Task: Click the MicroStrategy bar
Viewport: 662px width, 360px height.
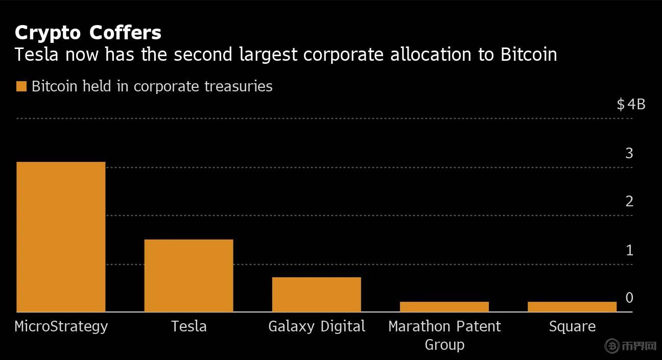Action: pos(61,236)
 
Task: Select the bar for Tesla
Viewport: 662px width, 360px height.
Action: pos(188,275)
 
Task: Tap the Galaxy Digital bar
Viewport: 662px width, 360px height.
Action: pos(316,294)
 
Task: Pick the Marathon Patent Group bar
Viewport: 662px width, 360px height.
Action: pos(444,306)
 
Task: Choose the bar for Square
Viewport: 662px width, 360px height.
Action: pos(572,306)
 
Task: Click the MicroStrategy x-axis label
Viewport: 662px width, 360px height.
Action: pos(61,326)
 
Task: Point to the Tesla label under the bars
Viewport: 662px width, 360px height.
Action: pos(189,326)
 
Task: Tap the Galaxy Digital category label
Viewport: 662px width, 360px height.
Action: pos(317,326)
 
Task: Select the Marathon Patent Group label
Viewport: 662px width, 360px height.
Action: pos(444,335)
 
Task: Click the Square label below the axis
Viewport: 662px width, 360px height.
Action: pos(572,326)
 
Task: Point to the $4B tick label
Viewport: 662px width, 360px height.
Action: pos(631,105)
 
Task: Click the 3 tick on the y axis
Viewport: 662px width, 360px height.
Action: pos(629,153)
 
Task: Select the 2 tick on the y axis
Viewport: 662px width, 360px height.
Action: pos(629,201)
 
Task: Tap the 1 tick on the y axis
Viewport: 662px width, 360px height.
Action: pos(629,250)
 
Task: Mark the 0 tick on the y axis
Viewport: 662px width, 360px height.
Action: pos(629,298)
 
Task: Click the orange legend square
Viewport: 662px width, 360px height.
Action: pos(21,86)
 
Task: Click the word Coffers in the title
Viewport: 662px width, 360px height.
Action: pos(125,33)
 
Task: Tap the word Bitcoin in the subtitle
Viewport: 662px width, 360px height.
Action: pos(528,55)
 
